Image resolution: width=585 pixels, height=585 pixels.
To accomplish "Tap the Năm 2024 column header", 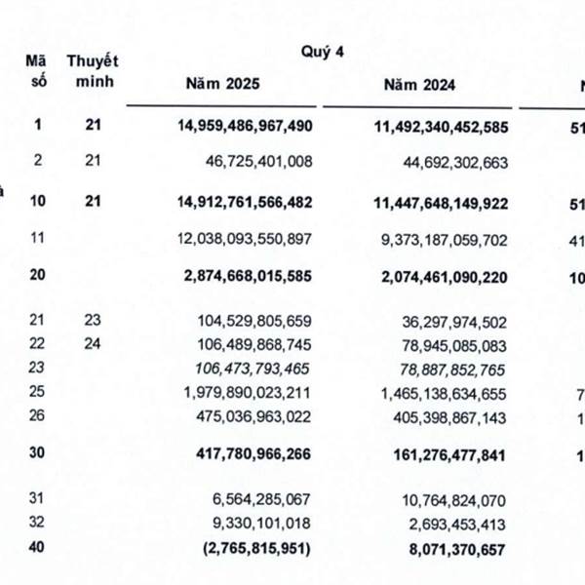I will click(419, 85).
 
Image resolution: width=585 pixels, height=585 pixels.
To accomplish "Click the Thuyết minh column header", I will click(93, 70).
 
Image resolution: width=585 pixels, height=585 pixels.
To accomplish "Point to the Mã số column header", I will click(38, 70).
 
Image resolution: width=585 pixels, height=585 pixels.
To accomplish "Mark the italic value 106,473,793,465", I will click(247, 368).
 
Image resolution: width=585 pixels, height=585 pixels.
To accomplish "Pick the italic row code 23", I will click(38, 368).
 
